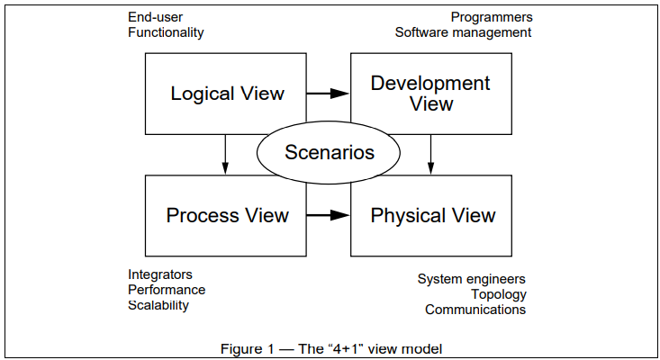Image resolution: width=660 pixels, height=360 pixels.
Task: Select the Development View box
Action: coord(430,93)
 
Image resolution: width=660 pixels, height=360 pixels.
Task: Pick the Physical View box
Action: coord(432,216)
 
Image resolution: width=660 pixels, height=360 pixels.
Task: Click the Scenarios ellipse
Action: coord(329,152)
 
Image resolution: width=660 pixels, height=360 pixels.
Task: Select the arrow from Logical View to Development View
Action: coord(328,93)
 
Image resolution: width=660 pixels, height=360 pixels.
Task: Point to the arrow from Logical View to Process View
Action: coord(225,155)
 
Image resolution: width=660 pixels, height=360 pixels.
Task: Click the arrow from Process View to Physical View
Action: coord(328,215)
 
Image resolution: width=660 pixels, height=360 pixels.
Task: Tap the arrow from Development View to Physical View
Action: coord(431,155)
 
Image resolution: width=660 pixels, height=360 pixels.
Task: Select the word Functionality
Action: coord(166,32)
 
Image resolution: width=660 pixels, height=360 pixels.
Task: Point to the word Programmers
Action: coord(492,17)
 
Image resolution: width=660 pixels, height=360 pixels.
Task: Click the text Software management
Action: coord(464,32)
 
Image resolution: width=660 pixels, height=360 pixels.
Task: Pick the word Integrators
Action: coord(160,274)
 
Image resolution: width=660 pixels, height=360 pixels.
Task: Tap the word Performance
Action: coord(167,290)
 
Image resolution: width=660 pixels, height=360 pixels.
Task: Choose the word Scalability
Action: coord(158,305)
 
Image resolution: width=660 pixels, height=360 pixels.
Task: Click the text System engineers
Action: coord(472,279)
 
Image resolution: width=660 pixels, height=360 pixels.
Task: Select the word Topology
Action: coord(498,294)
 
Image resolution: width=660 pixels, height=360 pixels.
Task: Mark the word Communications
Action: coord(475,310)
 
